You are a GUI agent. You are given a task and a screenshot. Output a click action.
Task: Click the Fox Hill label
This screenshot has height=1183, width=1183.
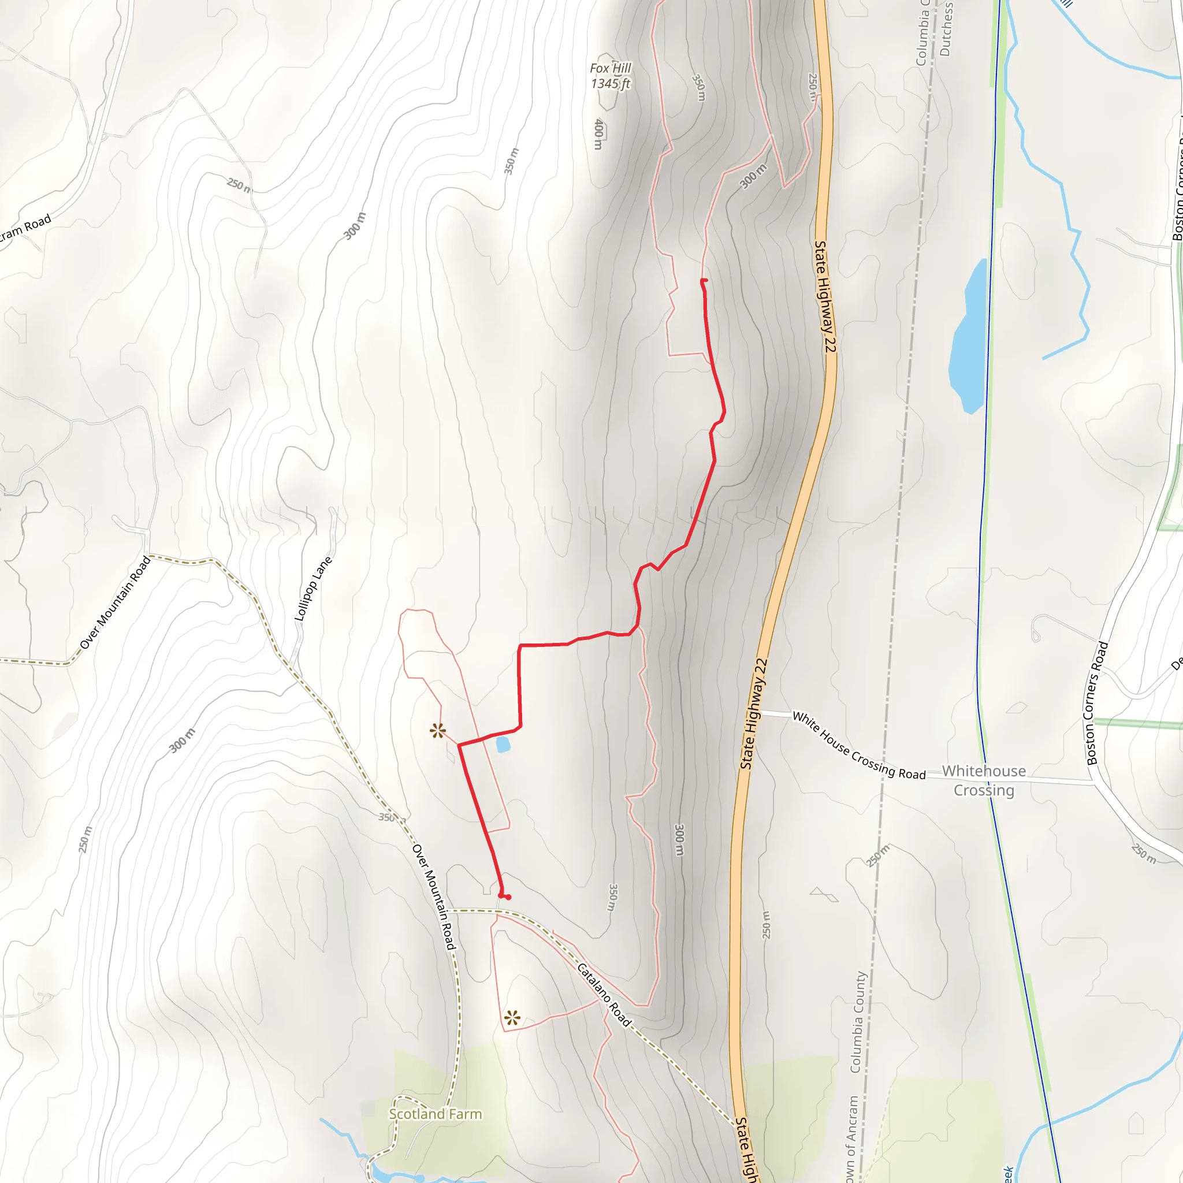pyautogui.click(x=610, y=69)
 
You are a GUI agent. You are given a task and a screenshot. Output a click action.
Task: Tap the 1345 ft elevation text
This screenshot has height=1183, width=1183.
pyautogui.click(x=610, y=84)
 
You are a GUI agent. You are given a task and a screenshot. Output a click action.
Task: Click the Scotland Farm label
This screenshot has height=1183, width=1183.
pyautogui.click(x=436, y=1114)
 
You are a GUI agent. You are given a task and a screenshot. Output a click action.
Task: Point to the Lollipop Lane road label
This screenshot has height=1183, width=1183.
pyautogui.click(x=314, y=589)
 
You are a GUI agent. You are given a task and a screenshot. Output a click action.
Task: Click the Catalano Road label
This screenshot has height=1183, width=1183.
pyautogui.click(x=604, y=995)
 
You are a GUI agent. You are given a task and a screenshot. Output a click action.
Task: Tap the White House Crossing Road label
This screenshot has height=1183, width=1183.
pyautogui.click(x=858, y=745)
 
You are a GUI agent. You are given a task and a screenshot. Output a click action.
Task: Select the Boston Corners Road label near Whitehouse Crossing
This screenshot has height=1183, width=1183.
pyautogui.click(x=1098, y=702)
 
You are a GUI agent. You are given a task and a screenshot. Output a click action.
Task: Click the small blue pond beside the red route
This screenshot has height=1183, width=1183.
pyautogui.click(x=503, y=745)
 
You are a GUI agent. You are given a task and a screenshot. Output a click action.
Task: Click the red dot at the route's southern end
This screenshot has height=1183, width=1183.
pyautogui.click(x=508, y=897)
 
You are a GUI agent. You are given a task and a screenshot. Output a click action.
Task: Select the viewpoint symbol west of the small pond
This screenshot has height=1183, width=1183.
pyautogui.click(x=437, y=731)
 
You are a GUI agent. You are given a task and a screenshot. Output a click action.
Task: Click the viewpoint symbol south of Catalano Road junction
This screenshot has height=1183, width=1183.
pyautogui.click(x=512, y=1018)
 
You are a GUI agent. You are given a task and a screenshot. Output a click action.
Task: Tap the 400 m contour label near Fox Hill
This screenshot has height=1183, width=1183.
pyautogui.click(x=598, y=133)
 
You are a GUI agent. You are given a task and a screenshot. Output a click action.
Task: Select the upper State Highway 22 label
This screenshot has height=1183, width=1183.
pyautogui.click(x=825, y=296)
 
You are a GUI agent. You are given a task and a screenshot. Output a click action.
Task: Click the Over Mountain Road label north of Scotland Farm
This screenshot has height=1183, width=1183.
pyautogui.click(x=434, y=896)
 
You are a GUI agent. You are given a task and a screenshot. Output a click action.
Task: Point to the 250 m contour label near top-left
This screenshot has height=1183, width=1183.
pyautogui.click(x=239, y=184)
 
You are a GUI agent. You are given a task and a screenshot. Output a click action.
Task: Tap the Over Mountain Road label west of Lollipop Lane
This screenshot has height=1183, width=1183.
pyautogui.click(x=114, y=602)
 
